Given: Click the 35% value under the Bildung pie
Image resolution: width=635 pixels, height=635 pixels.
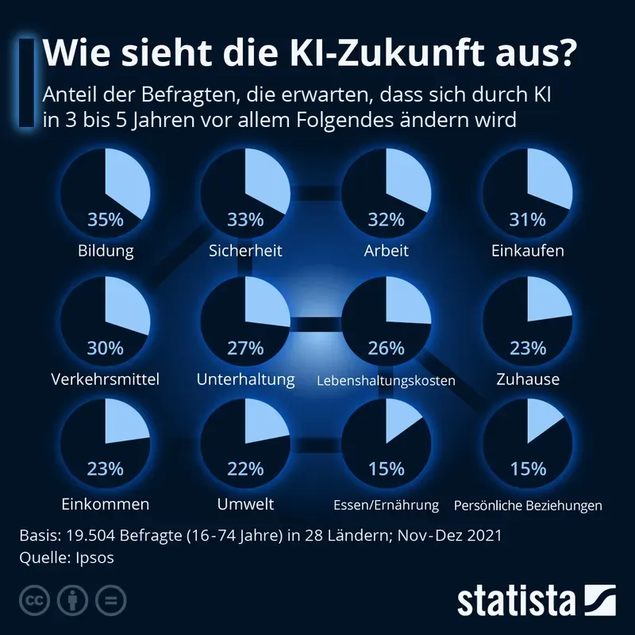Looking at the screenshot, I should (x=105, y=220).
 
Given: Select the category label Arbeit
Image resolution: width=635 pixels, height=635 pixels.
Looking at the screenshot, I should (x=387, y=251).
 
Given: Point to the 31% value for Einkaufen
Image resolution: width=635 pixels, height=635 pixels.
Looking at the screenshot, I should (x=528, y=220).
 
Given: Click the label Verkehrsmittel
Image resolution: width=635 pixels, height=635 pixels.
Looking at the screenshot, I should (x=105, y=379).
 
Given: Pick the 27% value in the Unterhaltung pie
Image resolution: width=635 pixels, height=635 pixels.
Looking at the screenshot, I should (x=245, y=348).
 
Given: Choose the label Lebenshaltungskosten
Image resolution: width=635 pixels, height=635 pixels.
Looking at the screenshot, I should (x=386, y=381).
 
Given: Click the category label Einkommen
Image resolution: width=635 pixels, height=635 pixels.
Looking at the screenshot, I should (x=105, y=504).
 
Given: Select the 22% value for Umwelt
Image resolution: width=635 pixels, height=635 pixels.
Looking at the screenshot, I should (x=245, y=469).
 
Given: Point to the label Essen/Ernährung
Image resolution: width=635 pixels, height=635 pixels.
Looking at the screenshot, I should (x=386, y=505).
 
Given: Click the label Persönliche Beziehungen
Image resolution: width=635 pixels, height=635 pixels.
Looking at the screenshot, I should (x=528, y=505).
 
